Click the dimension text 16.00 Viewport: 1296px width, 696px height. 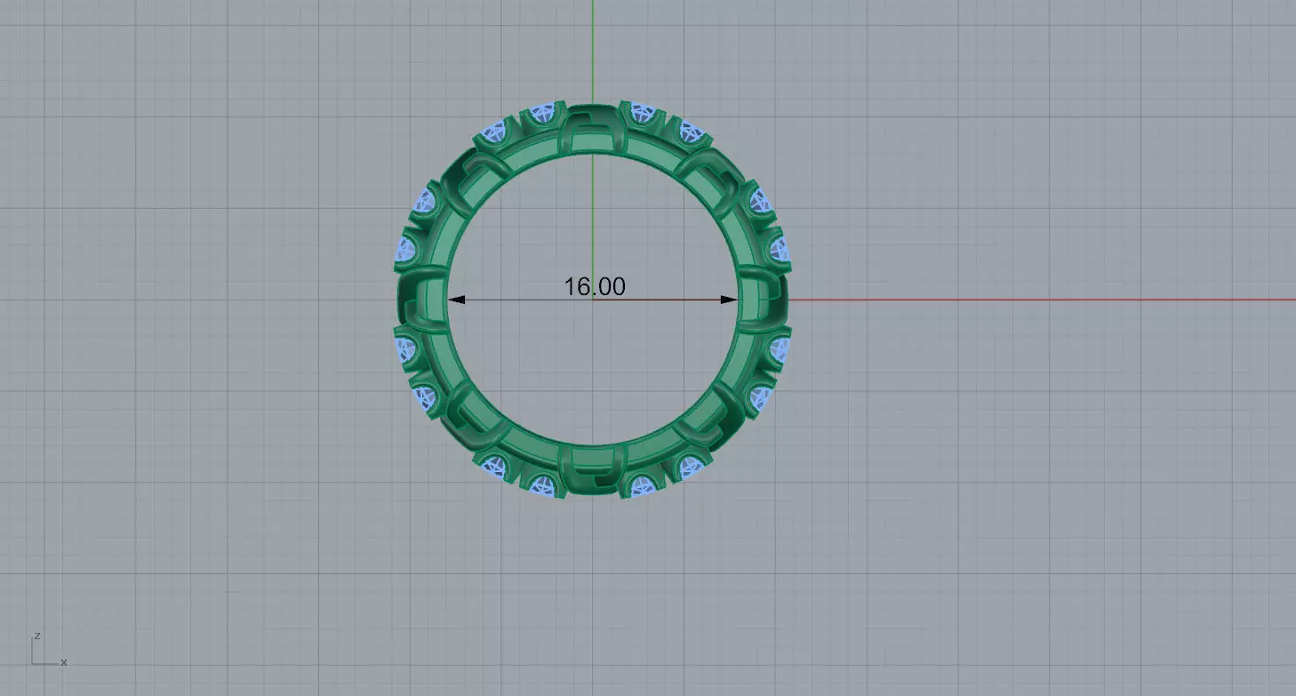tap(594, 286)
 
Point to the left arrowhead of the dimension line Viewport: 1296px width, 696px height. tap(455, 300)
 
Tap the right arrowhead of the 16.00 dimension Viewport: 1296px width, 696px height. tap(729, 300)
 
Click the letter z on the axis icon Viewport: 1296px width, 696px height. tap(36, 636)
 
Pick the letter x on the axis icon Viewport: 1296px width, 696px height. tap(64, 662)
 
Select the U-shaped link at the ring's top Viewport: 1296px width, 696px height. tap(592, 130)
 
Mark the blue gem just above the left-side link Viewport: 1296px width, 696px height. tap(407, 250)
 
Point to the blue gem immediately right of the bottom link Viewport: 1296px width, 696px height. tap(643, 484)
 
